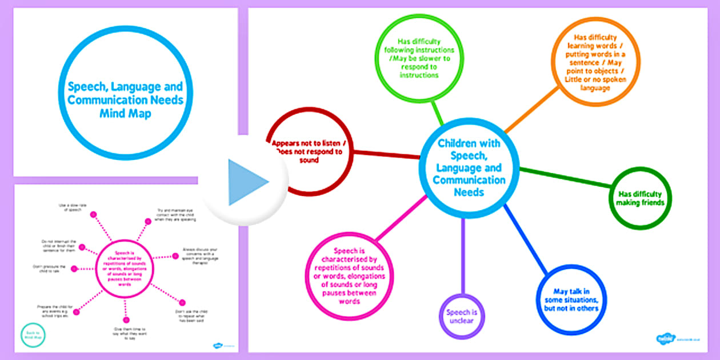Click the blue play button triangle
245,182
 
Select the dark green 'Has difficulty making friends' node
641,198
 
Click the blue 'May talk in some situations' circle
572,299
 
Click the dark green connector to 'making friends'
565,177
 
